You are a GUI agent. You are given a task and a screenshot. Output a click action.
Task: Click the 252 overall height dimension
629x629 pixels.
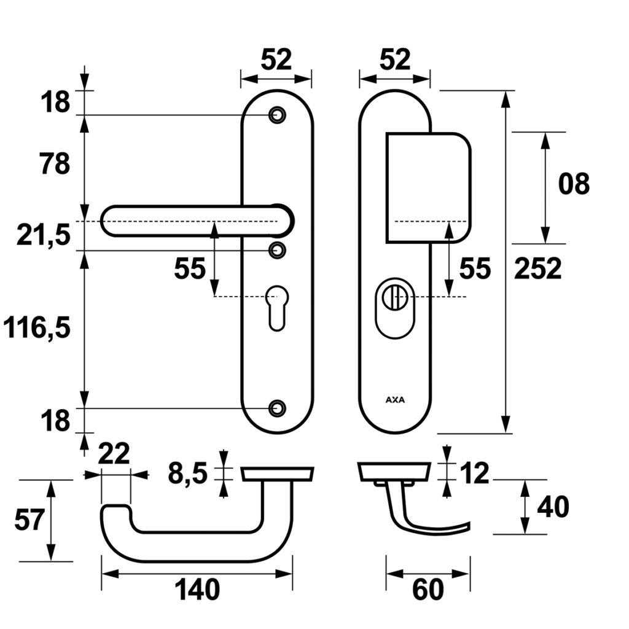(x=537, y=268)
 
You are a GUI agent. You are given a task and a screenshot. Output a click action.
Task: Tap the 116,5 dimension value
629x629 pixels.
(x=36, y=329)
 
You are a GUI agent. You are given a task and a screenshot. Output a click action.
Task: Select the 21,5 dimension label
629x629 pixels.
(x=44, y=235)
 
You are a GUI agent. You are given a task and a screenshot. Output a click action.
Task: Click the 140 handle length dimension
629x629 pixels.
(x=197, y=590)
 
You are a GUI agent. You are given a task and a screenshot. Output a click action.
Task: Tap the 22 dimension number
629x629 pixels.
(x=114, y=455)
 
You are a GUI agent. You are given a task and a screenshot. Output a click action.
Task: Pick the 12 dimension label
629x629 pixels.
(x=473, y=474)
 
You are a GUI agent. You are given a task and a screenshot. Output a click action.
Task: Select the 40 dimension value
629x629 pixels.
(x=553, y=507)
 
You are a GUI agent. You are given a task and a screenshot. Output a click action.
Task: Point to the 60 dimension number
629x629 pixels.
(x=428, y=590)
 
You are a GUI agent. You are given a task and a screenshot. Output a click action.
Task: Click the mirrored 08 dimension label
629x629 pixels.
(x=574, y=184)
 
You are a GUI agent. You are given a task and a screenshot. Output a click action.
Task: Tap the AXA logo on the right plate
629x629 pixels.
(x=396, y=399)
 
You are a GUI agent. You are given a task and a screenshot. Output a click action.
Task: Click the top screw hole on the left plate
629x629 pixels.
(x=278, y=114)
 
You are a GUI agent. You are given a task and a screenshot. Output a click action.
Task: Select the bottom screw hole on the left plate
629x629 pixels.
(x=278, y=407)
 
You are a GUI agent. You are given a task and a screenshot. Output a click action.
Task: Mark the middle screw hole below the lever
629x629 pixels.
(x=278, y=249)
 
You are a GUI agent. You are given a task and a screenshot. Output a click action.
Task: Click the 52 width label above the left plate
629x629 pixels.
(x=276, y=60)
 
